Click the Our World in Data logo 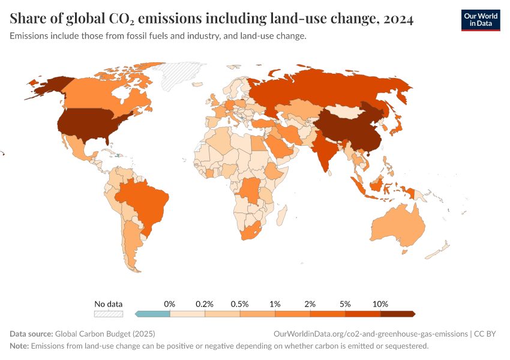[480, 20]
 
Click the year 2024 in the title [396, 19]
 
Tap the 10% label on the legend [380, 304]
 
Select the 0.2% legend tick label [205, 304]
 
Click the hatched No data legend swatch [109, 314]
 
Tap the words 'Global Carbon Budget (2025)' [109, 334]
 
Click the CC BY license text [488, 334]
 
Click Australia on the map [398, 228]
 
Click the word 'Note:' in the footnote [19, 346]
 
